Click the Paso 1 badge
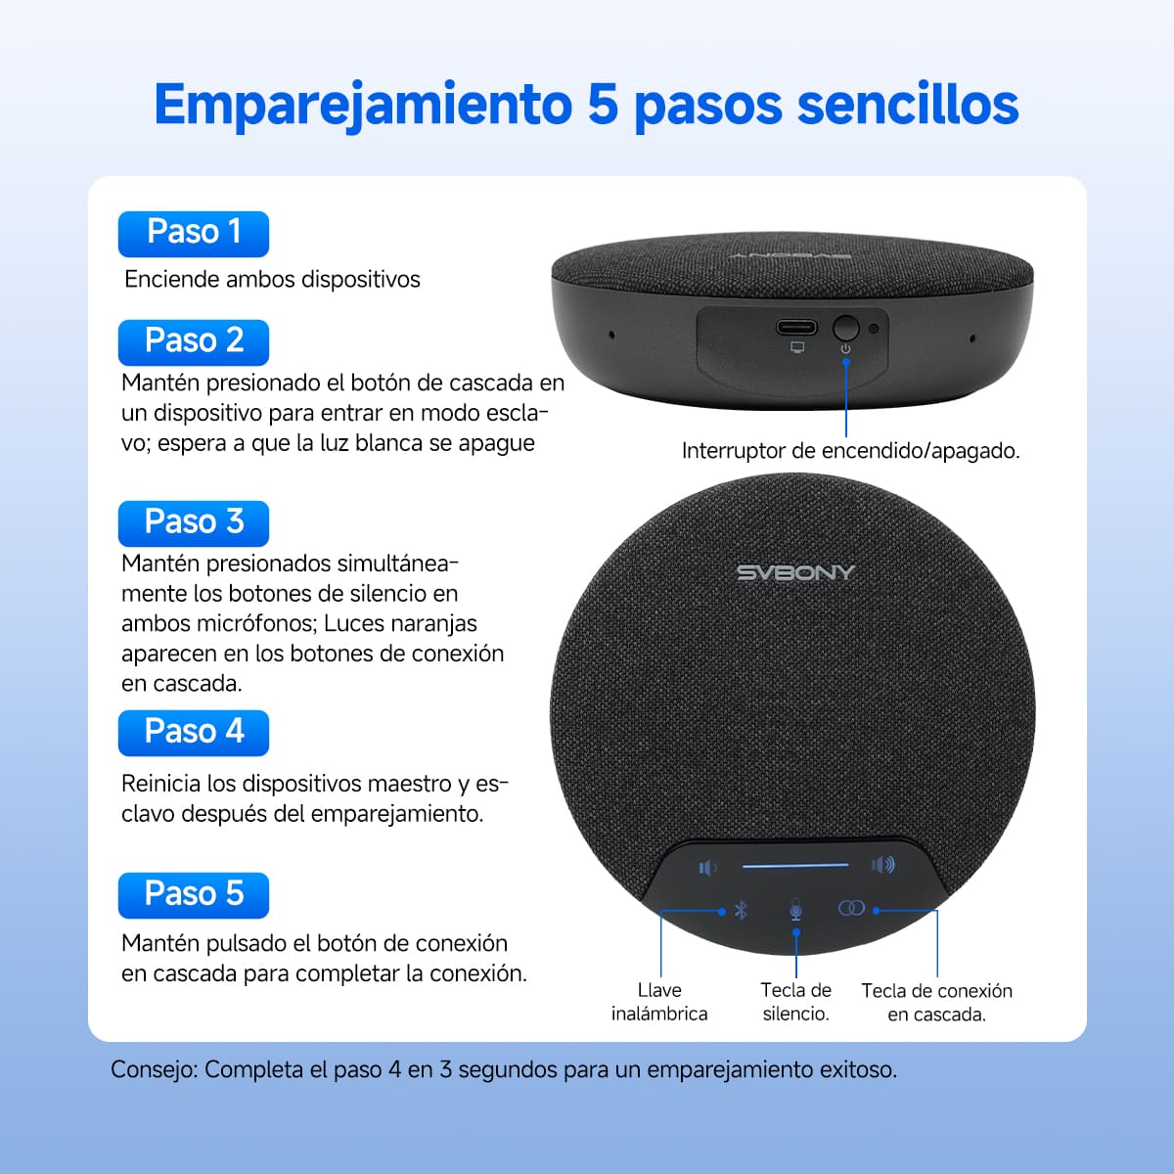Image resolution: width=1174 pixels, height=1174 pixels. point(193,234)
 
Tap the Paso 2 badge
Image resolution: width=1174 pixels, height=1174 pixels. point(193,342)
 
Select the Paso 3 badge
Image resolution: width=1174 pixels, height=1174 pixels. point(193,523)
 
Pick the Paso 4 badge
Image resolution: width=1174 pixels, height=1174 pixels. point(193,733)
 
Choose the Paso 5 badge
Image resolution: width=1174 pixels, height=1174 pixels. point(193,895)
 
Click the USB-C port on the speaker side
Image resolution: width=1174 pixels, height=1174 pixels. point(797,327)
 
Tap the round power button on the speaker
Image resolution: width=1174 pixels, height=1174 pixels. point(845,328)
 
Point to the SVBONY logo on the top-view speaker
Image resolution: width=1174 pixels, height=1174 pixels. point(795,573)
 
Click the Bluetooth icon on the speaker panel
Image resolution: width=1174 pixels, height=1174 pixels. point(741,910)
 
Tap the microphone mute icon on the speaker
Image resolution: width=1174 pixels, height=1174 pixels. point(796,910)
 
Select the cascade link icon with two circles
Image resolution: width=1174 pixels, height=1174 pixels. point(851,909)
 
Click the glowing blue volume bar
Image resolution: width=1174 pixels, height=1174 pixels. point(794,866)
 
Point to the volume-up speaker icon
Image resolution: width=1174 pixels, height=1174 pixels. point(882,865)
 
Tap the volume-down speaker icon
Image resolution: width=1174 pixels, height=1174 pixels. point(707,868)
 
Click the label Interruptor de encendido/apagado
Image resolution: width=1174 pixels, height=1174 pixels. point(850,451)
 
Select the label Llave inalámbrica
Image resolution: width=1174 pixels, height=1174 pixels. point(659,1002)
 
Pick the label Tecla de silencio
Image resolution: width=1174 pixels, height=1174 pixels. point(796,1002)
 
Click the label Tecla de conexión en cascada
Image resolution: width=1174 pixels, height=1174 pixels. point(936,1003)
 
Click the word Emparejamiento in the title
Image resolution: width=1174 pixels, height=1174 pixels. point(362,106)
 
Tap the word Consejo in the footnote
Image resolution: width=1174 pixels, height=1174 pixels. point(153,1069)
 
